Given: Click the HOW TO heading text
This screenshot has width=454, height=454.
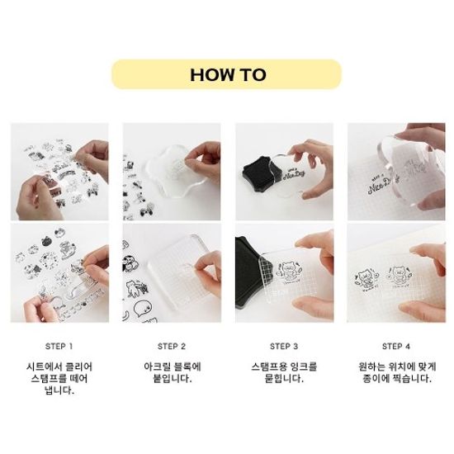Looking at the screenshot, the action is (228, 74).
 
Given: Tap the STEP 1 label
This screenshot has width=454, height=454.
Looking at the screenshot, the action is (59, 347).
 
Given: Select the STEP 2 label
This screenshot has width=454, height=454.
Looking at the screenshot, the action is (172, 347).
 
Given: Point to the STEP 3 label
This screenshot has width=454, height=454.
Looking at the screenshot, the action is (284, 347).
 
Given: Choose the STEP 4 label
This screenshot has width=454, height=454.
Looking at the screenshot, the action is (396, 347).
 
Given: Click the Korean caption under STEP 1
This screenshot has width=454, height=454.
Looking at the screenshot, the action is (59, 379).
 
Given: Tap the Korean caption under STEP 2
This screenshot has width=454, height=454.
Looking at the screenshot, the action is (173, 372).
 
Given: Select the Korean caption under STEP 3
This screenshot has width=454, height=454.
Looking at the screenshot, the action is (284, 372).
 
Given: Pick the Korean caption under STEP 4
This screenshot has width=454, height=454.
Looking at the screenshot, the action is (397, 372).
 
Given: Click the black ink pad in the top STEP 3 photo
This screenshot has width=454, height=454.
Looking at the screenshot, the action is (258, 174).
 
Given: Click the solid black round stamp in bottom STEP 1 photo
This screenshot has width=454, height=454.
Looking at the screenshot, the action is (46, 241).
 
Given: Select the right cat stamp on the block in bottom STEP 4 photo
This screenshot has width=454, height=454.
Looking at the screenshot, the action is (400, 276).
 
